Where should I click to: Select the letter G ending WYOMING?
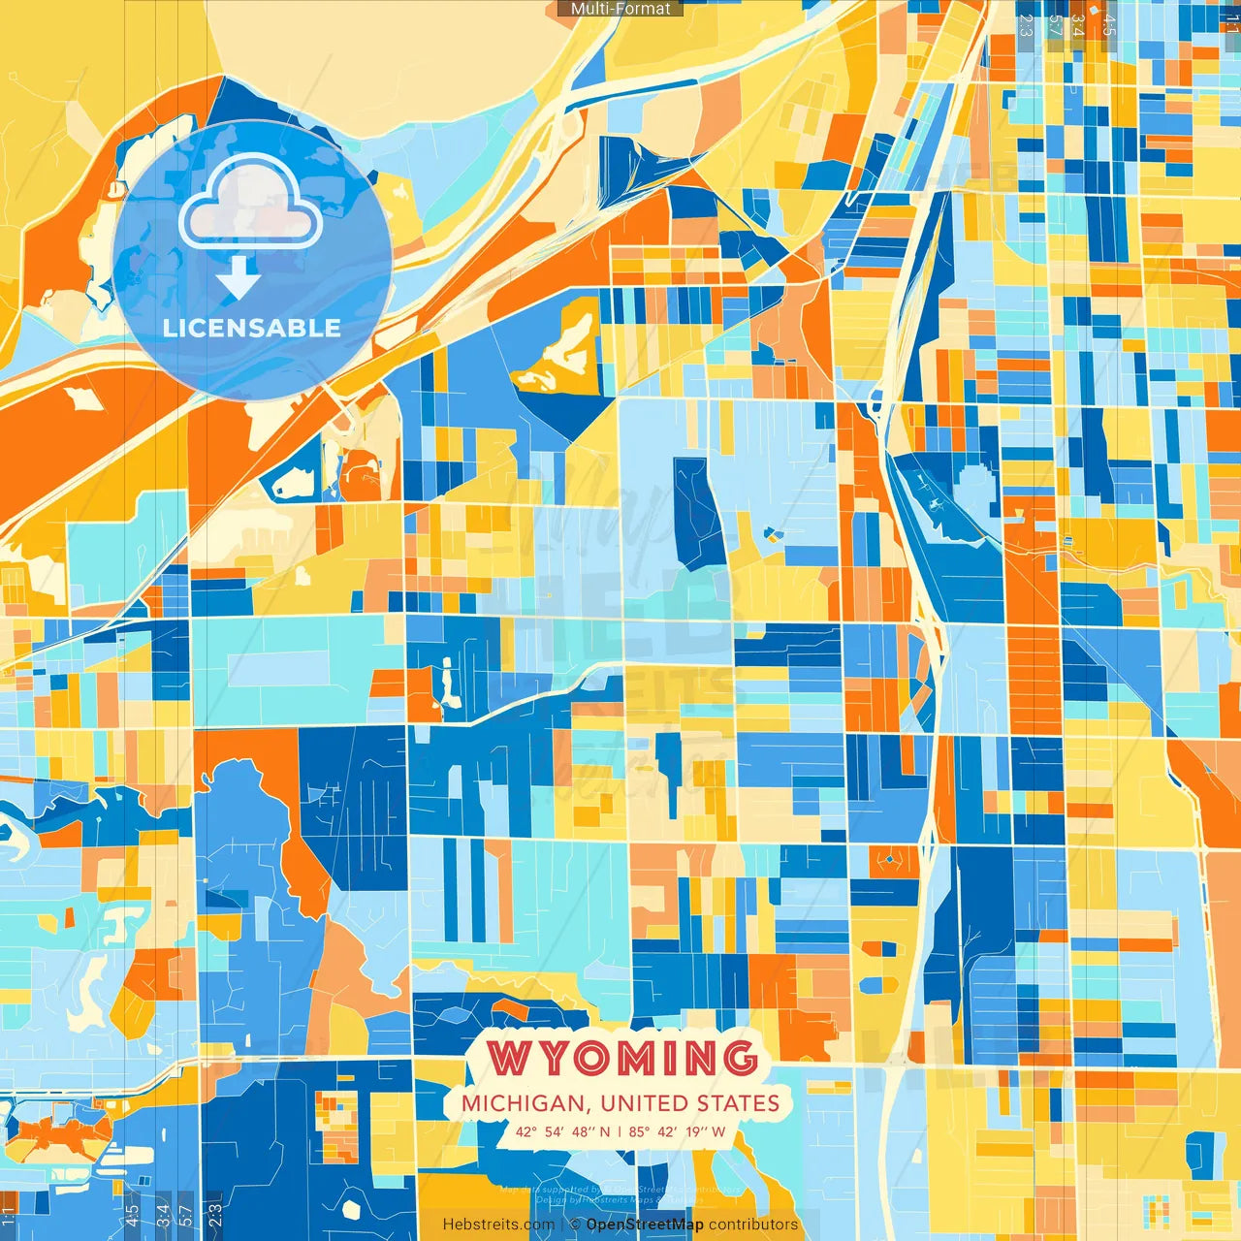click(x=739, y=1058)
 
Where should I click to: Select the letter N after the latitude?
click(x=605, y=1131)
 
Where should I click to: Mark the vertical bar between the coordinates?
click(x=620, y=1131)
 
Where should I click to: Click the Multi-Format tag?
click(x=620, y=9)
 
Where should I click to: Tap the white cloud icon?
click(x=251, y=202)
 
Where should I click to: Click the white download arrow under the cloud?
click(x=239, y=279)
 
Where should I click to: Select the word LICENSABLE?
click(x=252, y=328)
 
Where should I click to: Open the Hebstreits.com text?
click(x=498, y=1225)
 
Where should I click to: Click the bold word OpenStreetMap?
click(x=645, y=1225)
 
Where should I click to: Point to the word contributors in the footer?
click(x=753, y=1225)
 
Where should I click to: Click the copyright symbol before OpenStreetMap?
click(x=575, y=1225)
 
